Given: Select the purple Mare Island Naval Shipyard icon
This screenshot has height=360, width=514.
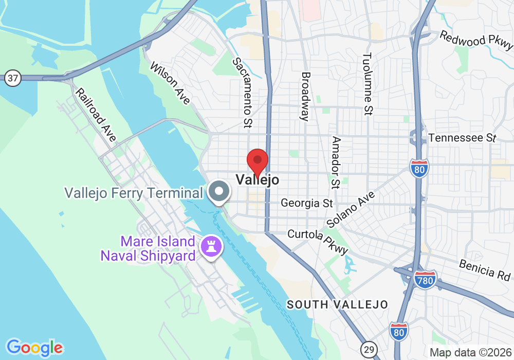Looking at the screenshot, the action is point(211,245).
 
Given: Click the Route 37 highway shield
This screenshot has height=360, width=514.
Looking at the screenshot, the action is point(12,79).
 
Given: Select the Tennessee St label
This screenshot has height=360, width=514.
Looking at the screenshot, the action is point(462,138).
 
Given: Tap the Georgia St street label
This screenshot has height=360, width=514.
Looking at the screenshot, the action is point(307,203).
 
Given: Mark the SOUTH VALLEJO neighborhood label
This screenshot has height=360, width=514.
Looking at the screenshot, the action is point(337,304).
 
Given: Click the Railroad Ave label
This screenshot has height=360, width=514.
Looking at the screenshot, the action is point(96,115).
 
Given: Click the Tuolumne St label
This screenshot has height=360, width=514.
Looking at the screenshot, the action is point(368,83).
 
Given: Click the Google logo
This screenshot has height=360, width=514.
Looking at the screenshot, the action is point(34,348).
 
